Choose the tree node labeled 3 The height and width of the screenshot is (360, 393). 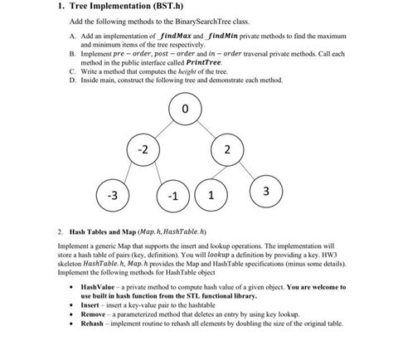[264, 192]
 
